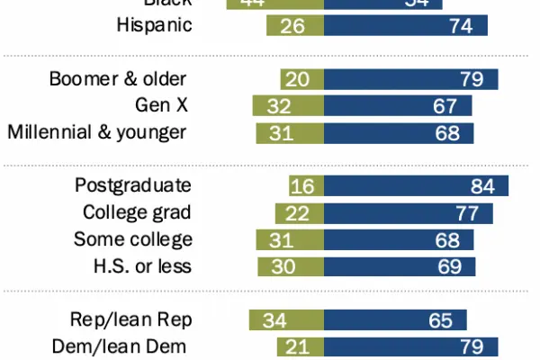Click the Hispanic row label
(x=154, y=25)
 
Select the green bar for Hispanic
(x=295, y=25)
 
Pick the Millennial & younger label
(x=97, y=133)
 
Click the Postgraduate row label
(x=133, y=186)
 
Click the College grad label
(x=138, y=213)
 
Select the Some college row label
(x=133, y=240)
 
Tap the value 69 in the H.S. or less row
(x=450, y=267)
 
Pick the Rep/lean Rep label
(x=131, y=320)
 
